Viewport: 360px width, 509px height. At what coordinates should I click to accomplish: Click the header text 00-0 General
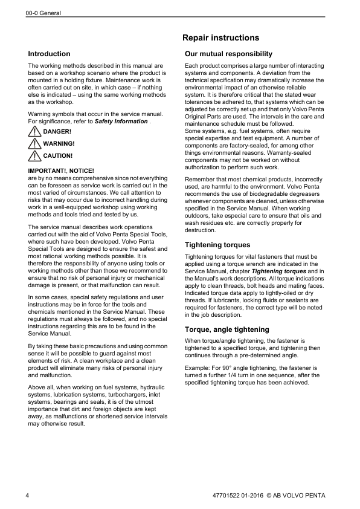(x=43, y=13)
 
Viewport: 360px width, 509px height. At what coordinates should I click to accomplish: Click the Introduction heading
(x=49, y=54)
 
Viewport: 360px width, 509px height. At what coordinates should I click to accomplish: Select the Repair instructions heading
(x=220, y=38)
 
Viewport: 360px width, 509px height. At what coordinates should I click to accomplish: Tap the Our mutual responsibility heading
(x=228, y=54)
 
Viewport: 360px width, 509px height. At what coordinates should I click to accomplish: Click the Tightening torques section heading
(x=217, y=245)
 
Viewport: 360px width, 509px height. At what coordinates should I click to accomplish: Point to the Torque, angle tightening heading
(x=227, y=329)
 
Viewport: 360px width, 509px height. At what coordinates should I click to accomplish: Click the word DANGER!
(x=57, y=132)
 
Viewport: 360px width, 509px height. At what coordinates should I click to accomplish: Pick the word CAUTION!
(x=59, y=156)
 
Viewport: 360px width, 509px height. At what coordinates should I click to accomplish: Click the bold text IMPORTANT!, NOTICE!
(x=61, y=171)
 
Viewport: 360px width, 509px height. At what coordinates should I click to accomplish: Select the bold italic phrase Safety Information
(x=121, y=121)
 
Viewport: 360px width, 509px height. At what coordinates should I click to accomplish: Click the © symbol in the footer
(x=269, y=496)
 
